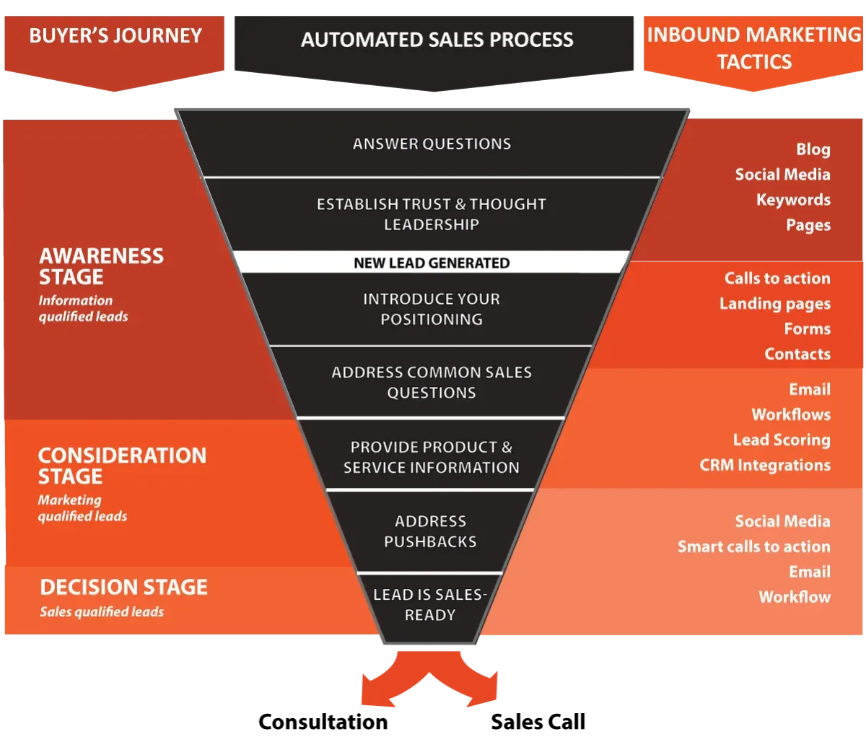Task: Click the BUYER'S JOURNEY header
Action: (115, 35)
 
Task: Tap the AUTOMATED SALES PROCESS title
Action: (437, 40)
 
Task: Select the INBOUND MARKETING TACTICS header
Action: (753, 48)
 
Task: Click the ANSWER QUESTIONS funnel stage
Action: (432, 144)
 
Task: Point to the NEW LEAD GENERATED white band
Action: (432, 263)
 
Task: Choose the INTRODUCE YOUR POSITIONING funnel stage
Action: (432, 309)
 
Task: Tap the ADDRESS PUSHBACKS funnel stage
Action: (430, 531)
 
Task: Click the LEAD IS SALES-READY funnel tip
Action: (430, 605)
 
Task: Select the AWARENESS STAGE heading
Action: (101, 266)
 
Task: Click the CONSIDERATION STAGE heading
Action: (123, 466)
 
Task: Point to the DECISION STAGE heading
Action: (123, 587)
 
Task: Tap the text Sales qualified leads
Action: (102, 611)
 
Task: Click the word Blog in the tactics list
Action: (813, 149)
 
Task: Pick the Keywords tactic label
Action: (794, 200)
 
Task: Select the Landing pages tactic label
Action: (775, 304)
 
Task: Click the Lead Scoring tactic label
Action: (782, 440)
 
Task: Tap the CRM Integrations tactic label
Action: (765, 465)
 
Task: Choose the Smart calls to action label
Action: (754, 546)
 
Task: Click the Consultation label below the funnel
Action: (323, 722)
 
